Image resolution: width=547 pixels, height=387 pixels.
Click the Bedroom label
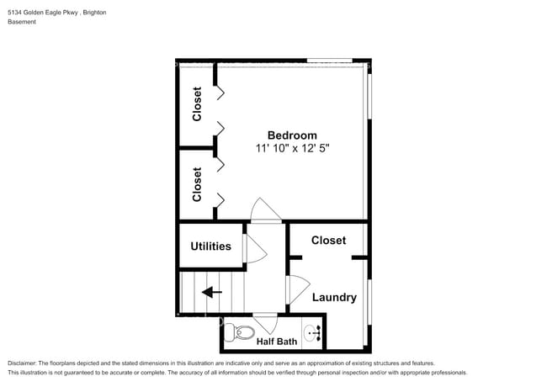(x=292, y=135)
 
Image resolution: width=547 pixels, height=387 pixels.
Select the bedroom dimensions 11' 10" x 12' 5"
(x=292, y=148)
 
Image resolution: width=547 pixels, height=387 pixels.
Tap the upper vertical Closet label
(x=197, y=104)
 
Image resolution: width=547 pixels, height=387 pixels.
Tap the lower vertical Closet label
(x=197, y=184)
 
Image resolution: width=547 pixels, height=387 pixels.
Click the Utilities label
(x=210, y=247)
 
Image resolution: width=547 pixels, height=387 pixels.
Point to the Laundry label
(x=334, y=297)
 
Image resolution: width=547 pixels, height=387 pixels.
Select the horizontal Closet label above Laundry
(x=328, y=241)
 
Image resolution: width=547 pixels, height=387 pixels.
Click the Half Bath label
(x=276, y=342)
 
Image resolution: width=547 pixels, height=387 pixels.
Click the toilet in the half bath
(x=243, y=332)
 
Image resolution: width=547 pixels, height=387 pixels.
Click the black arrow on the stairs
(x=211, y=293)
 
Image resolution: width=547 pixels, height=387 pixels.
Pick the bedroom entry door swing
(x=264, y=210)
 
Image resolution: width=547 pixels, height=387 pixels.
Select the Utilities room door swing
(x=254, y=248)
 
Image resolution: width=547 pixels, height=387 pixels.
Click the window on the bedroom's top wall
(x=329, y=61)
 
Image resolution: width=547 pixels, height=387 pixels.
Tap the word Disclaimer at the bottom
(x=23, y=362)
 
